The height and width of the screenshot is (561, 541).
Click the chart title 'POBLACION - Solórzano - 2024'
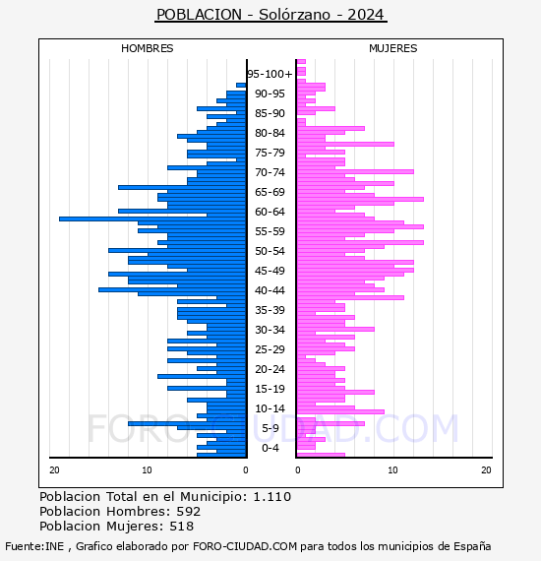point(270,15)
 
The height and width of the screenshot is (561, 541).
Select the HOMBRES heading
point(147,48)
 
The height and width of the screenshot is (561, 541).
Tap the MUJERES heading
point(393,48)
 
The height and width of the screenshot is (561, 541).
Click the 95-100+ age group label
point(270,74)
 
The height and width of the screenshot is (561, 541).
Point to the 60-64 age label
point(270,212)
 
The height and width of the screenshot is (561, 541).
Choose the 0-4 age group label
point(270,448)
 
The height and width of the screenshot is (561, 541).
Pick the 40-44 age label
point(270,290)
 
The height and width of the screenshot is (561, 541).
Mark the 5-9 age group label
point(270,428)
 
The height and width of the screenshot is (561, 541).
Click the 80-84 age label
point(270,133)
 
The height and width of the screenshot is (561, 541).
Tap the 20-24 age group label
point(270,369)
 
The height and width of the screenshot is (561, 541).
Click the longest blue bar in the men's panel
point(152,218)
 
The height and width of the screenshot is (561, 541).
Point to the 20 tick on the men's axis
point(54,470)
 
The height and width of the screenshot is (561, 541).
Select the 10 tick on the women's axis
point(393,470)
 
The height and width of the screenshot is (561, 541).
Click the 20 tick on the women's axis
point(486,470)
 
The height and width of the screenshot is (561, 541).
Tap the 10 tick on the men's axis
point(147,470)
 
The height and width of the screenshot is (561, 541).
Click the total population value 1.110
point(272,497)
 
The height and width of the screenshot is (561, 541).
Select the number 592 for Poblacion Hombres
point(189,511)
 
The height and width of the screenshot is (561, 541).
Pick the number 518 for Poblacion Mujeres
point(182,527)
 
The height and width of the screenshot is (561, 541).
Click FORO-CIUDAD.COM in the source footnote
point(245,546)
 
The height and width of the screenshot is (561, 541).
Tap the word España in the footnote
point(472,546)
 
